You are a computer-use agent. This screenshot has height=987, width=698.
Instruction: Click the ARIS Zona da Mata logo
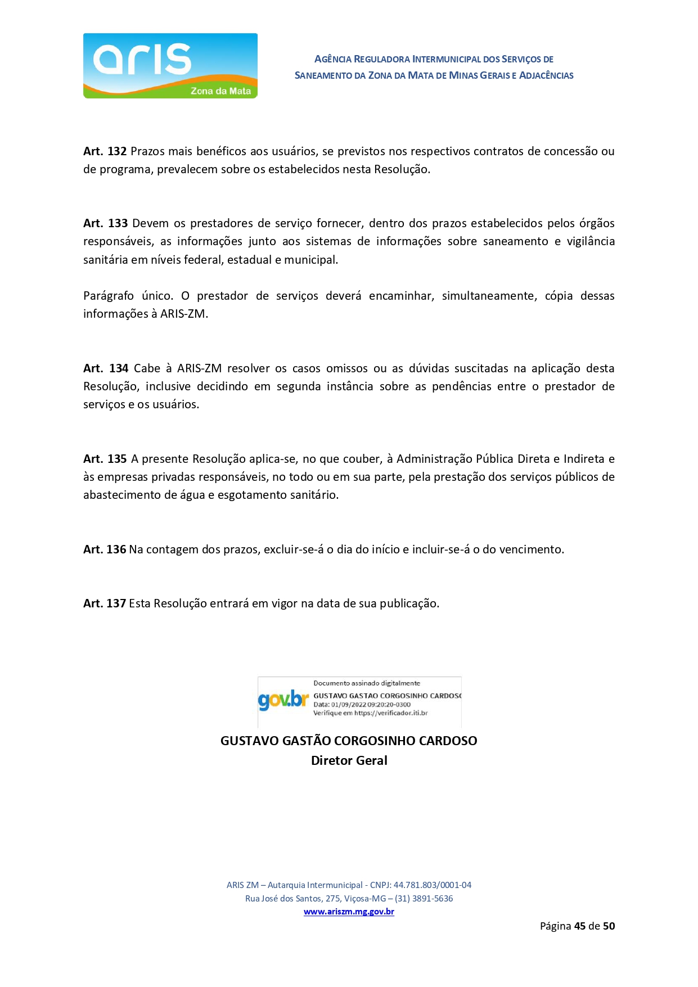click(x=170, y=66)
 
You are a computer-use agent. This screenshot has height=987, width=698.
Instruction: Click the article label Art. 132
click(x=105, y=151)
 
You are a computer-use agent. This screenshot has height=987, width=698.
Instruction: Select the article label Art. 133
click(x=105, y=223)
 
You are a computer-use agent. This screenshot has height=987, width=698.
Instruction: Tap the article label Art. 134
click(x=106, y=368)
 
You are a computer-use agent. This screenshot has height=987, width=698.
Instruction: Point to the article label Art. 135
click(x=105, y=459)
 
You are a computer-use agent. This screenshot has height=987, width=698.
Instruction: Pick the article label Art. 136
click(x=105, y=549)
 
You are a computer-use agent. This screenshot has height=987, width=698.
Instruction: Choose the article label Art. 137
click(x=105, y=603)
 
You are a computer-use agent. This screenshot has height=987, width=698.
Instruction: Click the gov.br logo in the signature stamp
click(x=283, y=700)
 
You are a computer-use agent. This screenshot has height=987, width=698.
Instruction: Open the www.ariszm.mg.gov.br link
click(x=349, y=912)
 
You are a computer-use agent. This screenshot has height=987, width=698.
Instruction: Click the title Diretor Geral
click(x=349, y=760)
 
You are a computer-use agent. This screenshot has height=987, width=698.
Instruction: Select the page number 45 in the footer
click(x=580, y=926)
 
